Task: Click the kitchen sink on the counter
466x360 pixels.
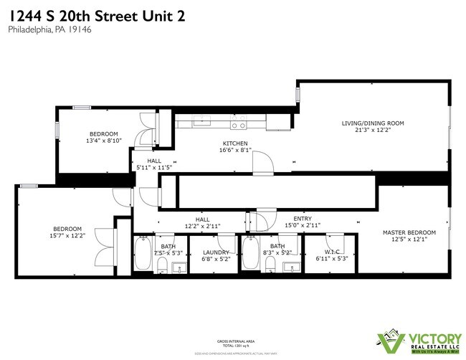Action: (203, 120)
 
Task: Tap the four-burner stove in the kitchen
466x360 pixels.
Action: (238, 123)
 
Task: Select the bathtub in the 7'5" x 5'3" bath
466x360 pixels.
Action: (142, 255)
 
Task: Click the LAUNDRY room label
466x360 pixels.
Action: (216, 252)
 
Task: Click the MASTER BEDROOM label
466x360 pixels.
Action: (409, 232)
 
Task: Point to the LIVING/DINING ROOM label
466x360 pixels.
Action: (372, 123)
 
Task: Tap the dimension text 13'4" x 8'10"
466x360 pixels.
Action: (105, 141)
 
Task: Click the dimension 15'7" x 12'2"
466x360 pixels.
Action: (67, 236)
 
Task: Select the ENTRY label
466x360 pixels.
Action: (303, 219)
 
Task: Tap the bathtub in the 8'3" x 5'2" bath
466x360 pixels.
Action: (250, 255)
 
